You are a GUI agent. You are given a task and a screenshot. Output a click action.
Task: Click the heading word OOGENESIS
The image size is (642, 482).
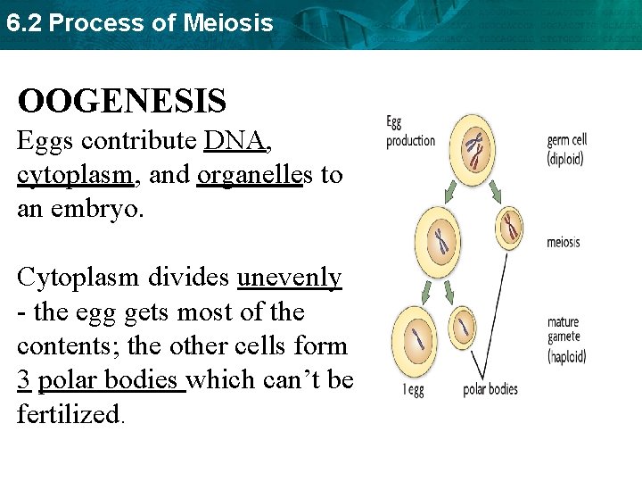[x=121, y=101]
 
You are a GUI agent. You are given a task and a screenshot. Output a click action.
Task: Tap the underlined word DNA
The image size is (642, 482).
[x=237, y=141]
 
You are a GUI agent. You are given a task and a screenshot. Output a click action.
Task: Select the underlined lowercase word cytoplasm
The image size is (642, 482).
[x=76, y=176]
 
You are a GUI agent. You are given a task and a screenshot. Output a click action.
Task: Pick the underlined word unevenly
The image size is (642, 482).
[x=289, y=278]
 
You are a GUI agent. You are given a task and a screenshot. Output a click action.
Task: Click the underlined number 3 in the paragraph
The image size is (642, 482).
[x=24, y=380]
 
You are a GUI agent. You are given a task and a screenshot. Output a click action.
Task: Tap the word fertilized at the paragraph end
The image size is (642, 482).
[x=67, y=414]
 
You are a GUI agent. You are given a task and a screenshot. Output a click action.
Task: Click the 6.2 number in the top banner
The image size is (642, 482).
[x=23, y=23]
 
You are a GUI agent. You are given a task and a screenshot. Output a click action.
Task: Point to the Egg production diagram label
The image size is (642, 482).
[x=410, y=131]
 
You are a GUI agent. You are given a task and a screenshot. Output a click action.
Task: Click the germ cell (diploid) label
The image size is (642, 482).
[x=567, y=149]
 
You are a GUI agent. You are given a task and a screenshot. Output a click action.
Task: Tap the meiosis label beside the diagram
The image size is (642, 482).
[x=564, y=242]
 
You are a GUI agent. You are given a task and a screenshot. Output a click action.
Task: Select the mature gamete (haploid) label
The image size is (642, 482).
[x=566, y=338]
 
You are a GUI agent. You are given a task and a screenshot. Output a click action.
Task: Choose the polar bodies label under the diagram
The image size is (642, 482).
[x=490, y=389]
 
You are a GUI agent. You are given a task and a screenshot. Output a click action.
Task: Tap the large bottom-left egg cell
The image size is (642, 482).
[x=419, y=339]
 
